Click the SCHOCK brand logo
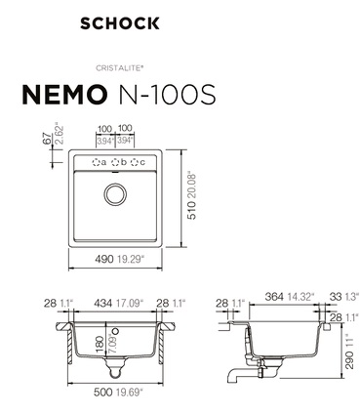[x=120, y=23]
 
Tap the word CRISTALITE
[x=119, y=68]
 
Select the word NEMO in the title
[x=64, y=94]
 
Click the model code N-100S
[x=168, y=94]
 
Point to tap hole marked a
[x=96, y=162]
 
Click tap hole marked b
[x=115, y=162]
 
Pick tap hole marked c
[x=135, y=162]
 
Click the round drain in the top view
[x=115, y=194]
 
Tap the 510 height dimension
[x=192, y=211]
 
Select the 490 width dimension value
[x=104, y=259]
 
